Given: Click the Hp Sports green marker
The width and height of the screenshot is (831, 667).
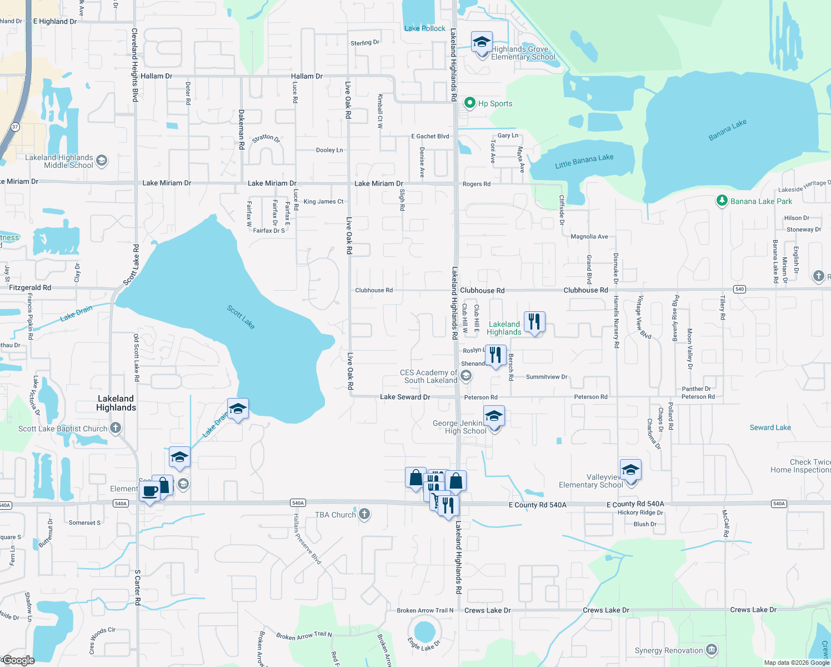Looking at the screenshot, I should click(470, 103).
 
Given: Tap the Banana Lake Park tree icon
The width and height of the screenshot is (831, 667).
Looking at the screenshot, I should click(722, 201).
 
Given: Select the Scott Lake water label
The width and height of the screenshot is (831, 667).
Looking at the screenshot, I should click(241, 317).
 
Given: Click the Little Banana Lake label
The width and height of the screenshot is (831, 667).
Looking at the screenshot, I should click(584, 161).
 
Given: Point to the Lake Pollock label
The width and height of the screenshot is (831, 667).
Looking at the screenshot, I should click(425, 28).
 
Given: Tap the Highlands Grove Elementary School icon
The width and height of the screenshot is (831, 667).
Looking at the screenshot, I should click(482, 42).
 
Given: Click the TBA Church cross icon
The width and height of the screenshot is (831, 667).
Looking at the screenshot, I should click(364, 514).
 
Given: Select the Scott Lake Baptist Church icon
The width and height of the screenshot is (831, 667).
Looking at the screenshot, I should click(116, 428).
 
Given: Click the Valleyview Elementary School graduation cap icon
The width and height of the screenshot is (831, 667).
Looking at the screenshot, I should click(630, 470).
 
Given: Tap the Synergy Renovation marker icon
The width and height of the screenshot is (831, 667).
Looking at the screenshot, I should click(712, 650).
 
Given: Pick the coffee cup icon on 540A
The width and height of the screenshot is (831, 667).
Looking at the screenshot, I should click(150, 491).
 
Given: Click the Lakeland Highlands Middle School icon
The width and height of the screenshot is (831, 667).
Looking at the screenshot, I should click(101, 161).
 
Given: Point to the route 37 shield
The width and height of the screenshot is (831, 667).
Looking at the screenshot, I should click(15, 127).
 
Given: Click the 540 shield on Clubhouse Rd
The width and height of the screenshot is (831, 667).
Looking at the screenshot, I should click(739, 289).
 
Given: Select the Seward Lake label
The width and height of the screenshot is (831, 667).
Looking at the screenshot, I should click(770, 427).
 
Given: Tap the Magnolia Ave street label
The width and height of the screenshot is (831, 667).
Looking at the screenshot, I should click(589, 237).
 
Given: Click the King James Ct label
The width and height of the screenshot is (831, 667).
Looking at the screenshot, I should click(323, 202).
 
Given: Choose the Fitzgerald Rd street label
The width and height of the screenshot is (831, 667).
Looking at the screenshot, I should click(30, 287).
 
